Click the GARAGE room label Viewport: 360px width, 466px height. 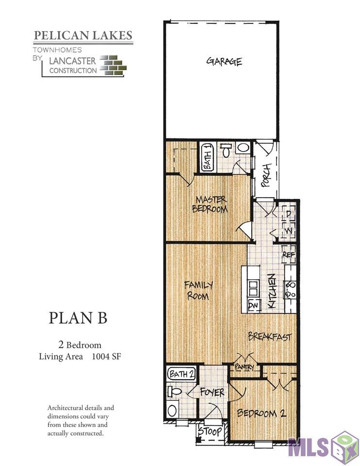[x=224, y=62]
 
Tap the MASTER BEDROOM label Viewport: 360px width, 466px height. [x=210, y=204]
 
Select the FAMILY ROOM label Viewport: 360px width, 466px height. [x=198, y=290]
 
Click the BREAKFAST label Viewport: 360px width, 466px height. [x=270, y=336]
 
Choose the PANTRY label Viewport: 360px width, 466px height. [x=244, y=367]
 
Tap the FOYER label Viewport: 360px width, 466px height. [x=212, y=392]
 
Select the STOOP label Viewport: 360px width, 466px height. [x=210, y=431]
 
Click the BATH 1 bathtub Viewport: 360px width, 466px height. [x=207, y=157]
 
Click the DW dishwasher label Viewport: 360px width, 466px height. [x=253, y=305]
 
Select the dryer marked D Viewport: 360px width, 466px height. [x=288, y=213]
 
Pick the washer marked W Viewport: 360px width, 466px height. [x=288, y=230]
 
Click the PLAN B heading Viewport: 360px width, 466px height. [x=78, y=318]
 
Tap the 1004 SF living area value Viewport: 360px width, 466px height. [x=107, y=357]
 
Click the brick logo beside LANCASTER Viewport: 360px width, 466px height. [x=113, y=65]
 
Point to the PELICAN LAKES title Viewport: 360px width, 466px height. [x=83, y=35]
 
